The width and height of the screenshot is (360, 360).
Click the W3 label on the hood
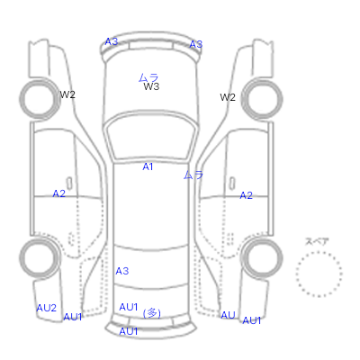pyautogui.click(x=151, y=86)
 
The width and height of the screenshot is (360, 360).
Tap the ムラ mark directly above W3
pyautogui.click(x=148, y=77)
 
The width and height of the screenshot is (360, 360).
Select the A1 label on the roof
pyautogui.click(x=148, y=166)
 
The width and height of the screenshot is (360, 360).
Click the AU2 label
pyautogui.click(x=47, y=308)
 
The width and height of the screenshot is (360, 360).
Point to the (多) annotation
pyautogui.click(x=152, y=313)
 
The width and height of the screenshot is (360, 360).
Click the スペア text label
pyautogui.click(x=317, y=241)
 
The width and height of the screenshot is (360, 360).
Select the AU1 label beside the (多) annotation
pyautogui.click(x=129, y=307)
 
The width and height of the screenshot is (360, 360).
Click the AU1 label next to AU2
pyautogui.click(x=73, y=317)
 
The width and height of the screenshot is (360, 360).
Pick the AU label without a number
pyautogui.click(x=228, y=315)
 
